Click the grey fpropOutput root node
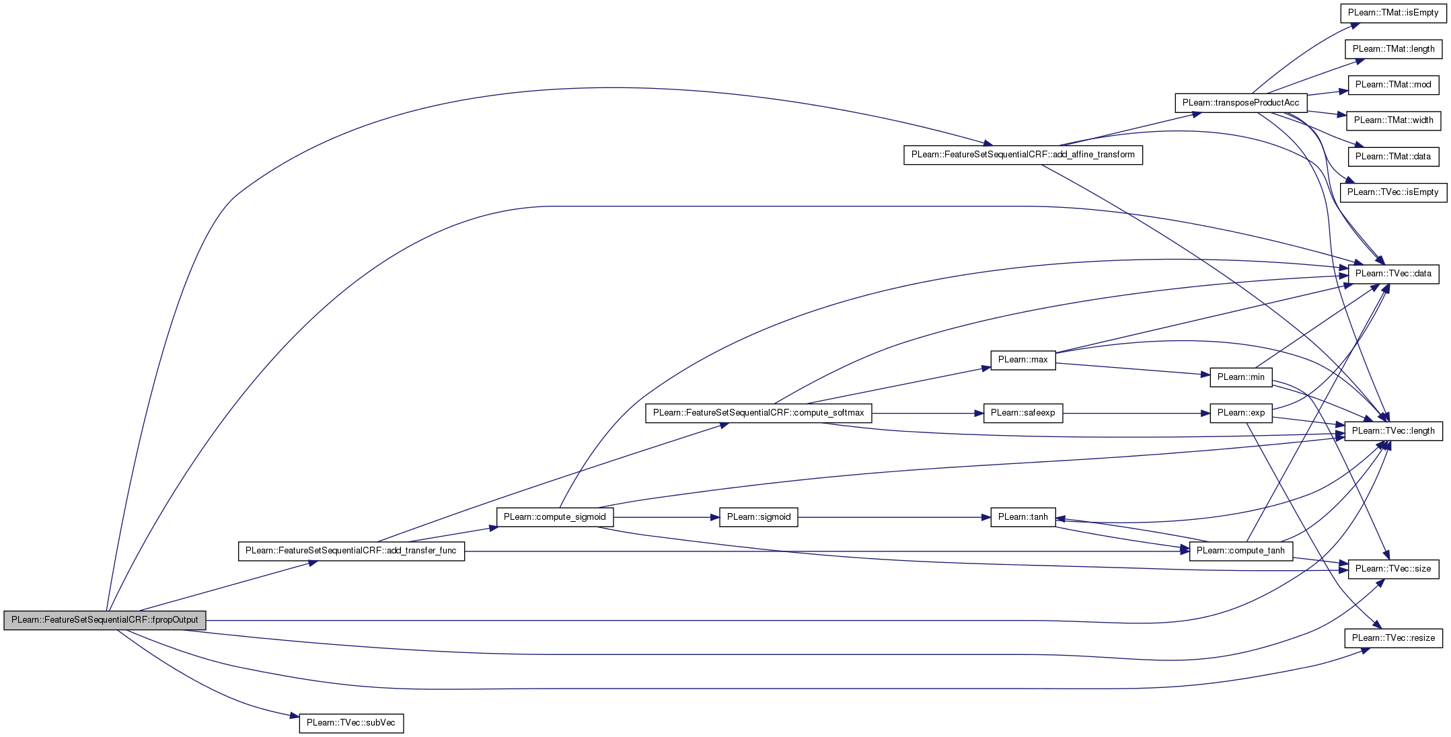105,620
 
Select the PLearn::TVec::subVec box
351,723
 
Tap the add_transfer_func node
351,551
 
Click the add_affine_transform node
1022,155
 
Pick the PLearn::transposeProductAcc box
1240,103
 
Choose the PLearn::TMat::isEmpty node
1393,13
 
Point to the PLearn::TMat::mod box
1393,85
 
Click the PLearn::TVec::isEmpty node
1393,192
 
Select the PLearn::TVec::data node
1393,274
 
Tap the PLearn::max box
1022,360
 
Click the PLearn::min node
1240,377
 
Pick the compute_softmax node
758,413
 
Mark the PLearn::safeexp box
1022,413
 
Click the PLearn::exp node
1240,413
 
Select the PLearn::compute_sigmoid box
554,517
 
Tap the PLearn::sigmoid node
758,517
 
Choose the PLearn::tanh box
1022,517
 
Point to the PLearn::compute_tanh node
1240,551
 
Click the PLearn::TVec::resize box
1393,638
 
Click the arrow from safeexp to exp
1136,413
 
